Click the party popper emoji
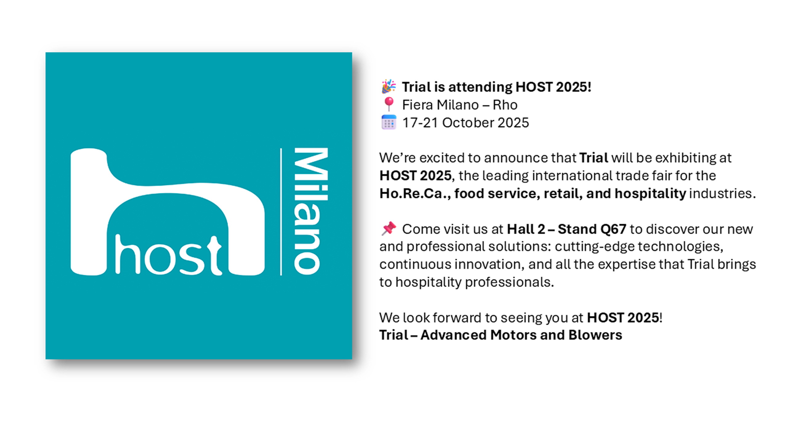click(x=389, y=86)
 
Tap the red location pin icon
click(x=389, y=104)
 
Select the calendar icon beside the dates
click(x=389, y=122)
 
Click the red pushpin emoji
click(x=389, y=228)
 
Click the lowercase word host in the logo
click(x=168, y=255)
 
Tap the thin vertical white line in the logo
click(x=281, y=212)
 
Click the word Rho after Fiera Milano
click(x=505, y=105)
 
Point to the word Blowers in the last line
click(x=595, y=335)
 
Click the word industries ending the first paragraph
click(x=722, y=193)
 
